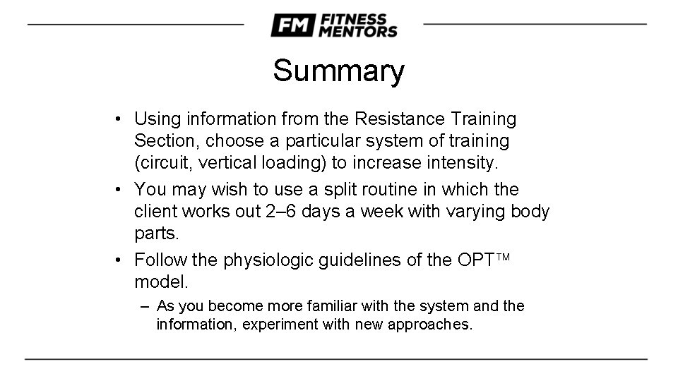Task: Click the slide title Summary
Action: pos(338,71)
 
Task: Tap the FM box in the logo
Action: pos(293,25)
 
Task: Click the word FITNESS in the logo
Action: pos(354,20)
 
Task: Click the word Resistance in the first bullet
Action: pos(400,119)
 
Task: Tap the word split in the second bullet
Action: pos(340,190)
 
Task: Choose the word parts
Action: pos(157,234)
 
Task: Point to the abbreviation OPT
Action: pos(475,260)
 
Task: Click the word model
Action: pos(161,282)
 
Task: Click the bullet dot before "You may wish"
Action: pos(118,189)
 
